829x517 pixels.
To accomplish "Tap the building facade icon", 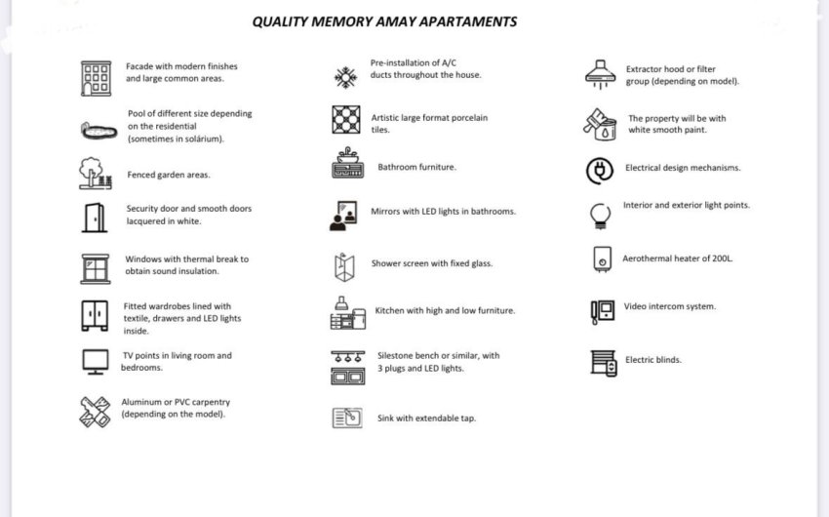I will [x=96, y=77].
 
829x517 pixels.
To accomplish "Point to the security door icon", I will [x=95, y=217].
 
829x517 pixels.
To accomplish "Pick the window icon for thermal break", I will [x=96, y=267].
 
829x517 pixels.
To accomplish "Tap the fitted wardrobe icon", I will [x=95, y=315].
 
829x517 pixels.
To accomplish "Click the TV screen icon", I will [x=96, y=362].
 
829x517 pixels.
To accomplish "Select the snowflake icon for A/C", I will [x=346, y=77].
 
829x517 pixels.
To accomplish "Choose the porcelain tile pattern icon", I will [x=346, y=119].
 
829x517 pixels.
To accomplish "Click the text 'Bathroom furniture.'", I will [x=416, y=168].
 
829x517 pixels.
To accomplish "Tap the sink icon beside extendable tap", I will [x=346, y=418].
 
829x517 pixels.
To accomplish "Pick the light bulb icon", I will [x=601, y=215].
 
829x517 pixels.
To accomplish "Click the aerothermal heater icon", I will [x=602, y=259].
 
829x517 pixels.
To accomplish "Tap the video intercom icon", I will [x=602, y=310].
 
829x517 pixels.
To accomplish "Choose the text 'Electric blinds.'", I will [x=653, y=360].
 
